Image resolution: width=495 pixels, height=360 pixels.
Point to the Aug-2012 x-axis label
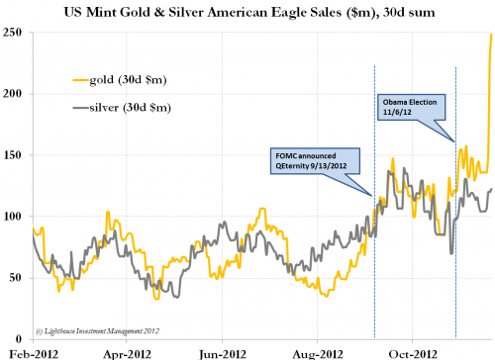coord(320,351)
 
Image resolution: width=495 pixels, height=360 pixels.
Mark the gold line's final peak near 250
coord(491,37)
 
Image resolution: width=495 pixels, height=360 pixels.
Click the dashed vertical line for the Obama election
coord(454,247)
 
